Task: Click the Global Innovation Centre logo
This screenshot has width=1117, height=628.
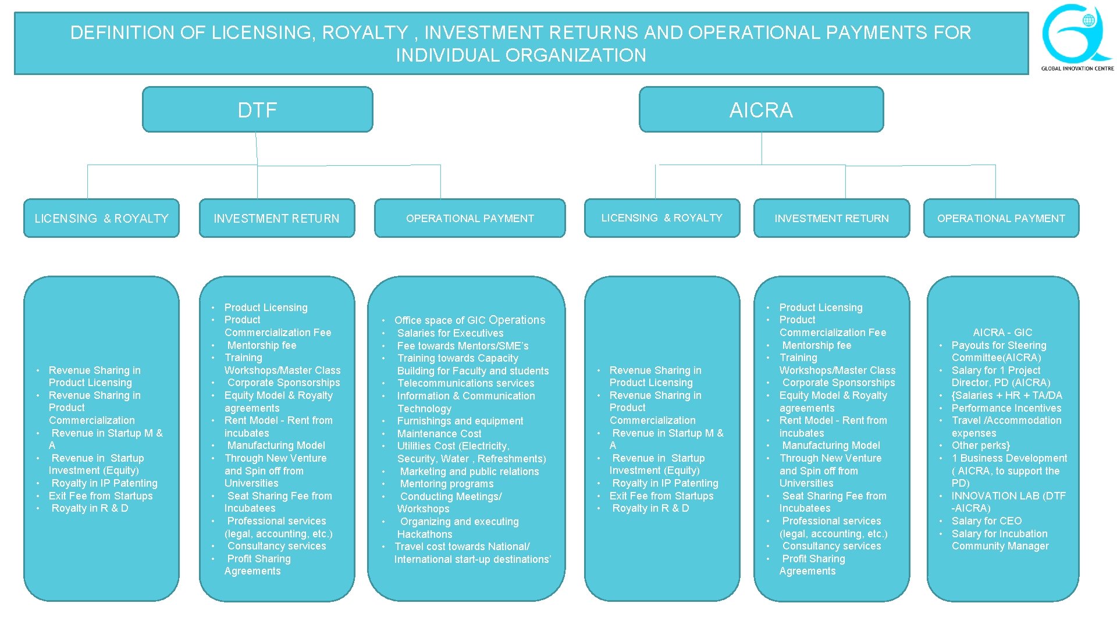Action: pos(1077,37)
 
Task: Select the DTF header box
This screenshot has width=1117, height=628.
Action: pos(257,110)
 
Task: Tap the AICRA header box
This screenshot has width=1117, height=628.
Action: pos(761,110)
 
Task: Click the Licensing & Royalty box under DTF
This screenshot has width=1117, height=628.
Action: pos(101,219)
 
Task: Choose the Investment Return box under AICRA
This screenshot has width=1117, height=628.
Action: pos(831,219)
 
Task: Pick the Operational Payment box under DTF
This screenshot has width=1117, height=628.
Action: pos(469,219)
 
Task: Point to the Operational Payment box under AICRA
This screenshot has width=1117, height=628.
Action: pos(1001,219)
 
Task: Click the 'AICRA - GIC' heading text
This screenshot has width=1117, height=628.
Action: pos(1002,333)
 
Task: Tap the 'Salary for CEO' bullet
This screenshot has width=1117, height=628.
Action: pos(987,521)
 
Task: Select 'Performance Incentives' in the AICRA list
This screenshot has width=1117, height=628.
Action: pos(1006,408)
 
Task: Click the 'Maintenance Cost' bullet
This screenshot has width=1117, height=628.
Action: pos(439,434)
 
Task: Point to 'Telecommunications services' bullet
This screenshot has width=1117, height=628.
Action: pos(465,383)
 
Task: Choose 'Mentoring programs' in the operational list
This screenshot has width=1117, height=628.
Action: pos(447,484)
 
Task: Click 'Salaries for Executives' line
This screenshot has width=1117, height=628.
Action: pos(450,333)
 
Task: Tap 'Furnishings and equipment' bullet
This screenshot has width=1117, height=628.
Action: pos(460,421)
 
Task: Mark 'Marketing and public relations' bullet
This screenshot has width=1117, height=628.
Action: pos(469,472)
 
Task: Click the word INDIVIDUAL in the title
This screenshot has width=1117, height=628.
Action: pos(447,55)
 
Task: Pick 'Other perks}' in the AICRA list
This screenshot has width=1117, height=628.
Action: pos(981,445)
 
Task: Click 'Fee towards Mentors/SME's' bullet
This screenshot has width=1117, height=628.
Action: pos(463,346)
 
